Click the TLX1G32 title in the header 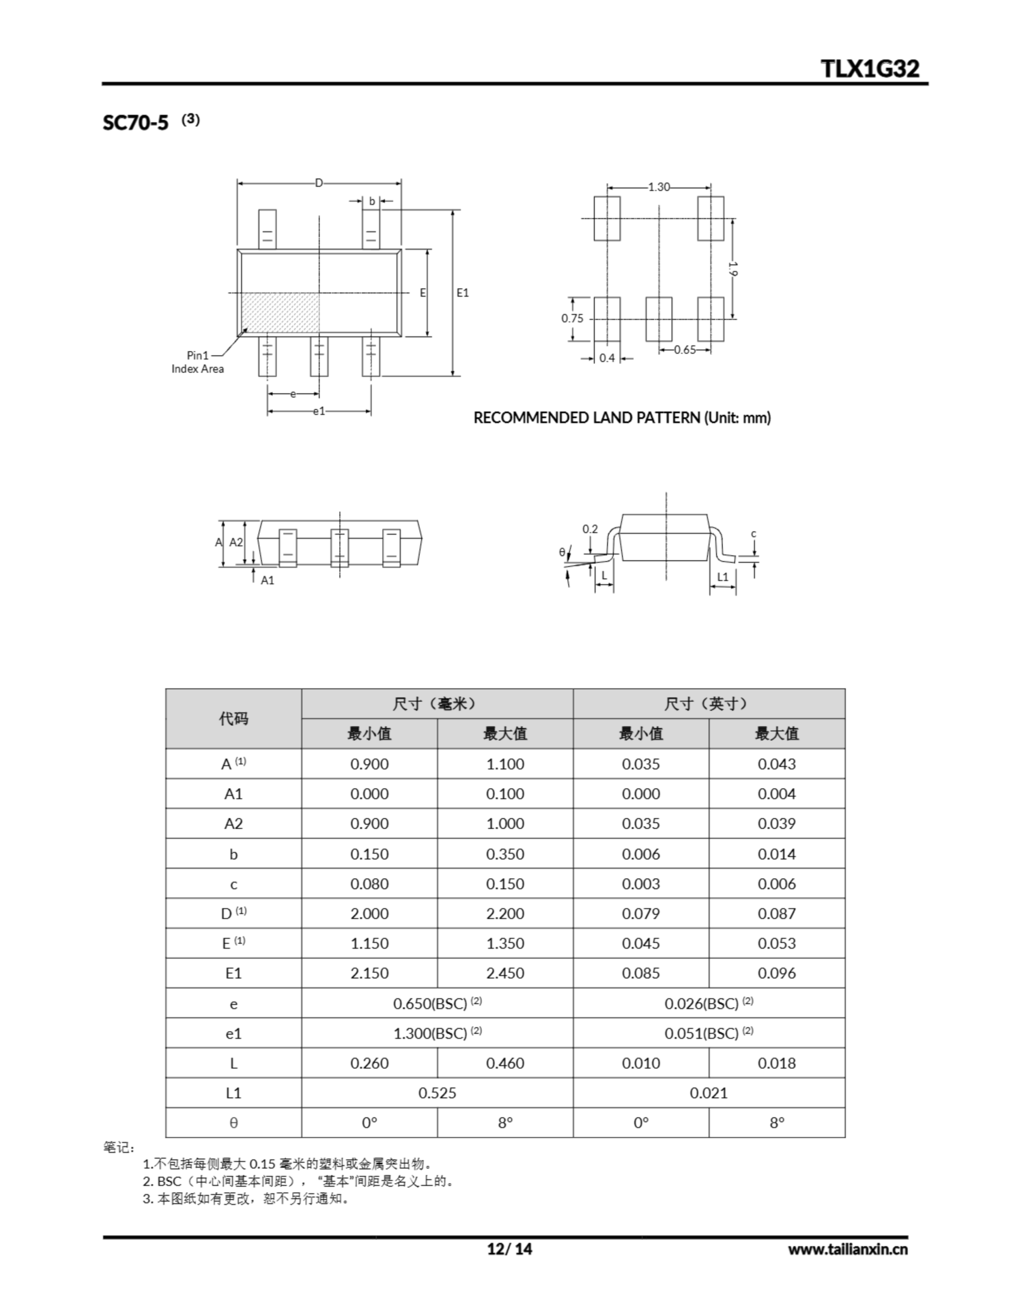[x=869, y=69]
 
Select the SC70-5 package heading [x=135, y=122]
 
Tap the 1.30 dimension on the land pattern [x=659, y=187]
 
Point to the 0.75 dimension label [x=572, y=318]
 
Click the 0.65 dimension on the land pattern [x=684, y=349]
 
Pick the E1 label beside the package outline [x=463, y=292]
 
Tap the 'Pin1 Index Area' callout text [x=197, y=363]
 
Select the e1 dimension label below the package [x=319, y=411]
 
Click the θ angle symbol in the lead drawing [x=562, y=552]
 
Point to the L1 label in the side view [x=723, y=577]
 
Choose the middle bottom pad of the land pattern [x=659, y=319]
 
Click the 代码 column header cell [x=233, y=718]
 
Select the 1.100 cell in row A [x=504, y=763]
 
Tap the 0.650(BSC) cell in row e [x=437, y=1003]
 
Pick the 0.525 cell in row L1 [x=437, y=1093]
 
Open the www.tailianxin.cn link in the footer [x=847, y=1249]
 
